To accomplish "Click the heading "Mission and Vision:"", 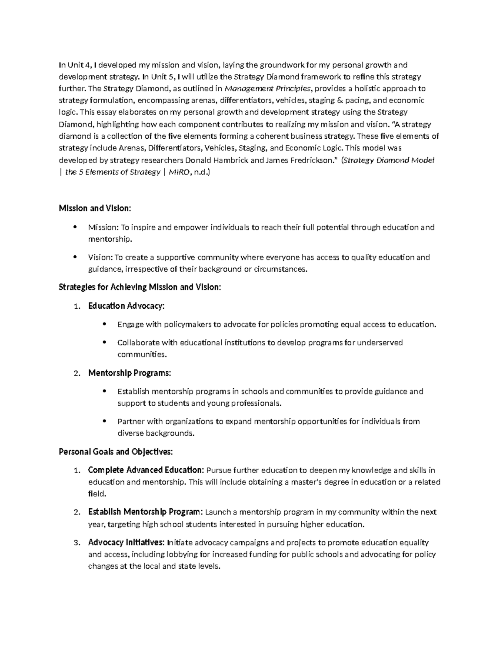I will click(95, 208).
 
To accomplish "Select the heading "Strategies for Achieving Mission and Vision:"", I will click(140, 287).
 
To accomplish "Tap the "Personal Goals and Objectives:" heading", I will click(115, 452).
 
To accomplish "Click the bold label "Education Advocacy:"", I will click(126, 306).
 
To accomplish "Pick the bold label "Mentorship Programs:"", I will click(129, 373).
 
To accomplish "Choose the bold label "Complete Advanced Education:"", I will click(146, 470).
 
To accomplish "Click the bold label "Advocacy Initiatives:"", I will click(126, 542).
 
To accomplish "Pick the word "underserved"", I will click(380, 342).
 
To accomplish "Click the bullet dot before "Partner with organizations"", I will click(104, 421).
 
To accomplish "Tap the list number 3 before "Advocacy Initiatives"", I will click(75, 543).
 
